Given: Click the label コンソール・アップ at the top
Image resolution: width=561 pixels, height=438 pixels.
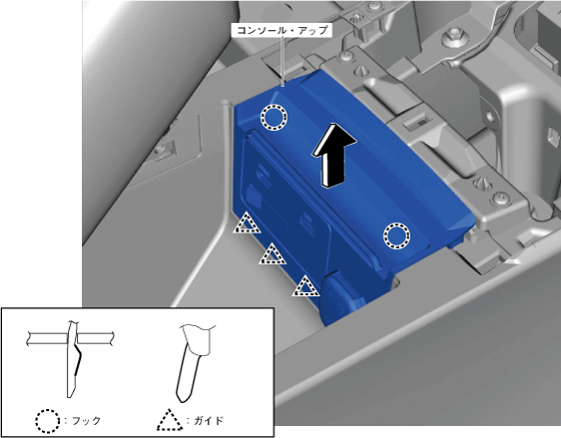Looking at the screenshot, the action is pyautogui.click(x=281, y=30).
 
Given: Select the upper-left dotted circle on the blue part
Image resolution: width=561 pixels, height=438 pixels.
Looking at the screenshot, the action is pyautogui.click(x=274, y=117).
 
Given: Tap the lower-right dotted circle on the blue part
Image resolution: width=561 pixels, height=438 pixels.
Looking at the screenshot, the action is pyautogui.click(x=396, y=235).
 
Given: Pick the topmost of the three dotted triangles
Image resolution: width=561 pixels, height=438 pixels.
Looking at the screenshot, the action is pyautogui.click(x=247, y=223).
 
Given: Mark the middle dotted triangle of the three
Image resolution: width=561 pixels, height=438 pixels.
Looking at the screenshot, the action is pyautogui.click(x=273, y=255).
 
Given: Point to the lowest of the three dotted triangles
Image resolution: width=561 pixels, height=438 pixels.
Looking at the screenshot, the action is pyautogui.click(x=305, y=287).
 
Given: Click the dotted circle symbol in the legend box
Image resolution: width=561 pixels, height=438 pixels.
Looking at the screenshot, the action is pyautogui.click(x=48, y=421).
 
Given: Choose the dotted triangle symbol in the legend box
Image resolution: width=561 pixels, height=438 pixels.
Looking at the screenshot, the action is pyautogui.click(x=170, y=420).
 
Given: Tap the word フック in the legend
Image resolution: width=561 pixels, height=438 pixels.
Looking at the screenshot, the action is pyautogui.click(x=86, y=420).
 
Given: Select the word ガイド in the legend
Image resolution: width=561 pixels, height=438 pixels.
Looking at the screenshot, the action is pyautogui.click(x=209, y=420).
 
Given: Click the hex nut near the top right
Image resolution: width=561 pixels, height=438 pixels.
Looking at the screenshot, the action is pyautogui.click(x=452, y=37).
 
